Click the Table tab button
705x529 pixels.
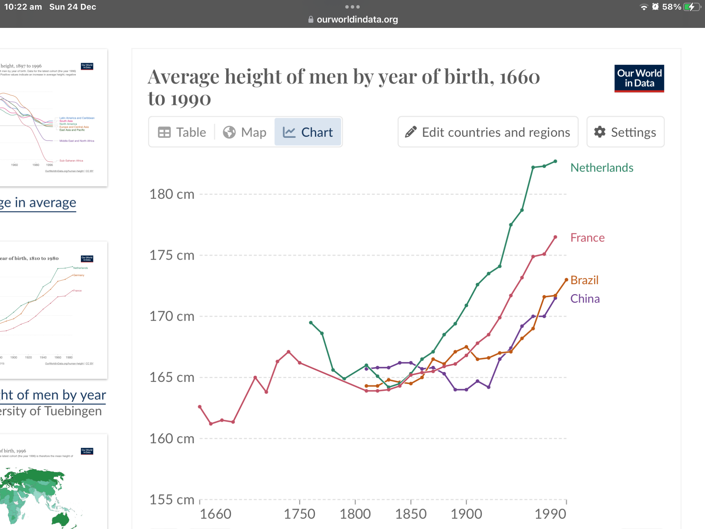tap(182, 132)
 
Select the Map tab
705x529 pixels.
tap(245, 132)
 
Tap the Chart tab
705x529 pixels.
tap(308, 132)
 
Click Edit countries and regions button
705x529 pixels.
tap(488, 132)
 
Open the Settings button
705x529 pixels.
tap(625, 132)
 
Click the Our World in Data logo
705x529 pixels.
tap(639, 79)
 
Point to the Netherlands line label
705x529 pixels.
tap(602, 168)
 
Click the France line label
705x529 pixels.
tap(587, 238)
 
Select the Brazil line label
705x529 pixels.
tap(584, 280)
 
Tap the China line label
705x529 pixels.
tap(585, 299)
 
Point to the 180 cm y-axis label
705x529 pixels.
tap(172, 194)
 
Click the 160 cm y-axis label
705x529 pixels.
tap(172, 439)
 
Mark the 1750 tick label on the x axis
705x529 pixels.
tap(299, 514)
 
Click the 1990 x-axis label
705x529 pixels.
tap(550, 514)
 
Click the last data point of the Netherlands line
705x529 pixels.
tap(555, 161)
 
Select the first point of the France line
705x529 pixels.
tap(200, 407)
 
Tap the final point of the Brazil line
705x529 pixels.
tap(566, 280)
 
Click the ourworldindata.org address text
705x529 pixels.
tap(357, 20)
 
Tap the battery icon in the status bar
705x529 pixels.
tap(692, 7)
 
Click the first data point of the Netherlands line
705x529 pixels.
tap(311, 323)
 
